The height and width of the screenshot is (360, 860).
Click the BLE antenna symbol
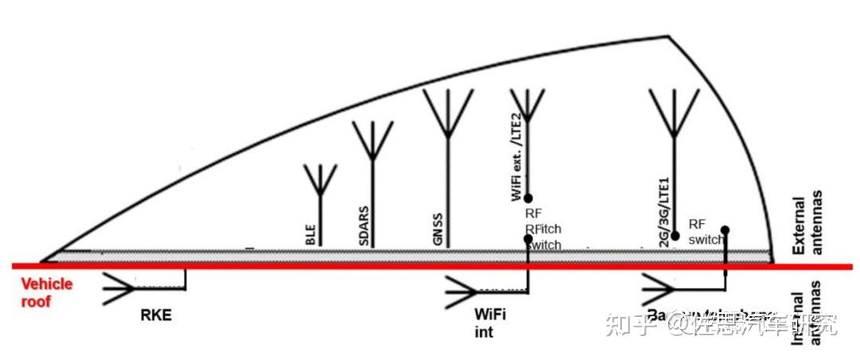coord(320,181)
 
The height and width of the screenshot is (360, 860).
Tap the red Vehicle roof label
coord(46,292)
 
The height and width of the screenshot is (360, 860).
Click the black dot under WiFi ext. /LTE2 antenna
coord(527,198)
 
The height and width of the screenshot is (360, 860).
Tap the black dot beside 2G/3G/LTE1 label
coord(674,236)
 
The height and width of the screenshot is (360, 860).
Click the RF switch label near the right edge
coord(706,231)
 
